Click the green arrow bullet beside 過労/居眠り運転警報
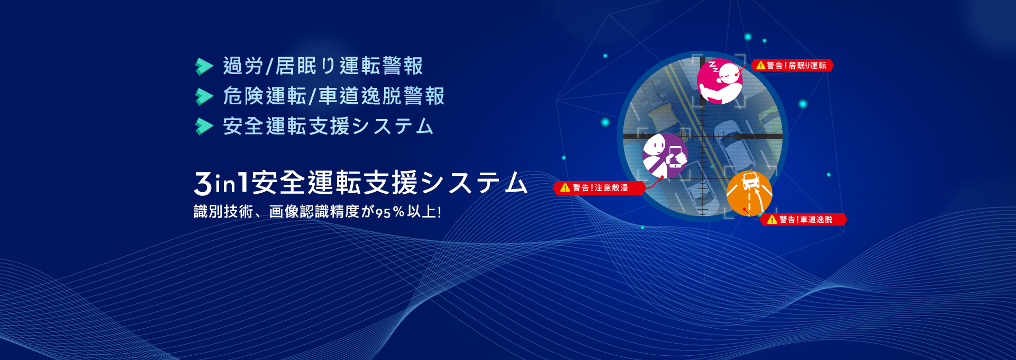pyautogui.click(x=204, y=66)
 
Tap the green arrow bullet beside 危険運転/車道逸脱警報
pyautogui.click(x=204, y=96)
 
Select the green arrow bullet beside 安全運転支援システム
pyautogui.click(x=204, y=127)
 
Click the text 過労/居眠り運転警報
pyautogui.click(x=323, y=66)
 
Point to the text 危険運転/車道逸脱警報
pyautogui.click(x=333, y=96)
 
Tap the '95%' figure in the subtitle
pyautogui.click(x=390, y=212)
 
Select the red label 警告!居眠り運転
pyautogui.click(x=792, y=65)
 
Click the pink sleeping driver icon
pyautogui.click(x=720, y=81)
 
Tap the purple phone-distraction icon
pyautogui.click(x=665, y=155)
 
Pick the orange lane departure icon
pyautogui.click(x=749, y=193)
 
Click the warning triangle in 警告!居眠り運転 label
pyautogui.click(x=761, y=65)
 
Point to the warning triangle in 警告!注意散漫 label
pyautogui.click(x=565, y=187)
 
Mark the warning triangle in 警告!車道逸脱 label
pyautogui.click(x=772, y=219)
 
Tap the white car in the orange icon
pyautogui.click(x=750, y=182)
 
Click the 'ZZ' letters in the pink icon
pyautogui.click(x=713, y=67)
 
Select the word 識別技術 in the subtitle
pyautogui.click(x=223, y=212)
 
